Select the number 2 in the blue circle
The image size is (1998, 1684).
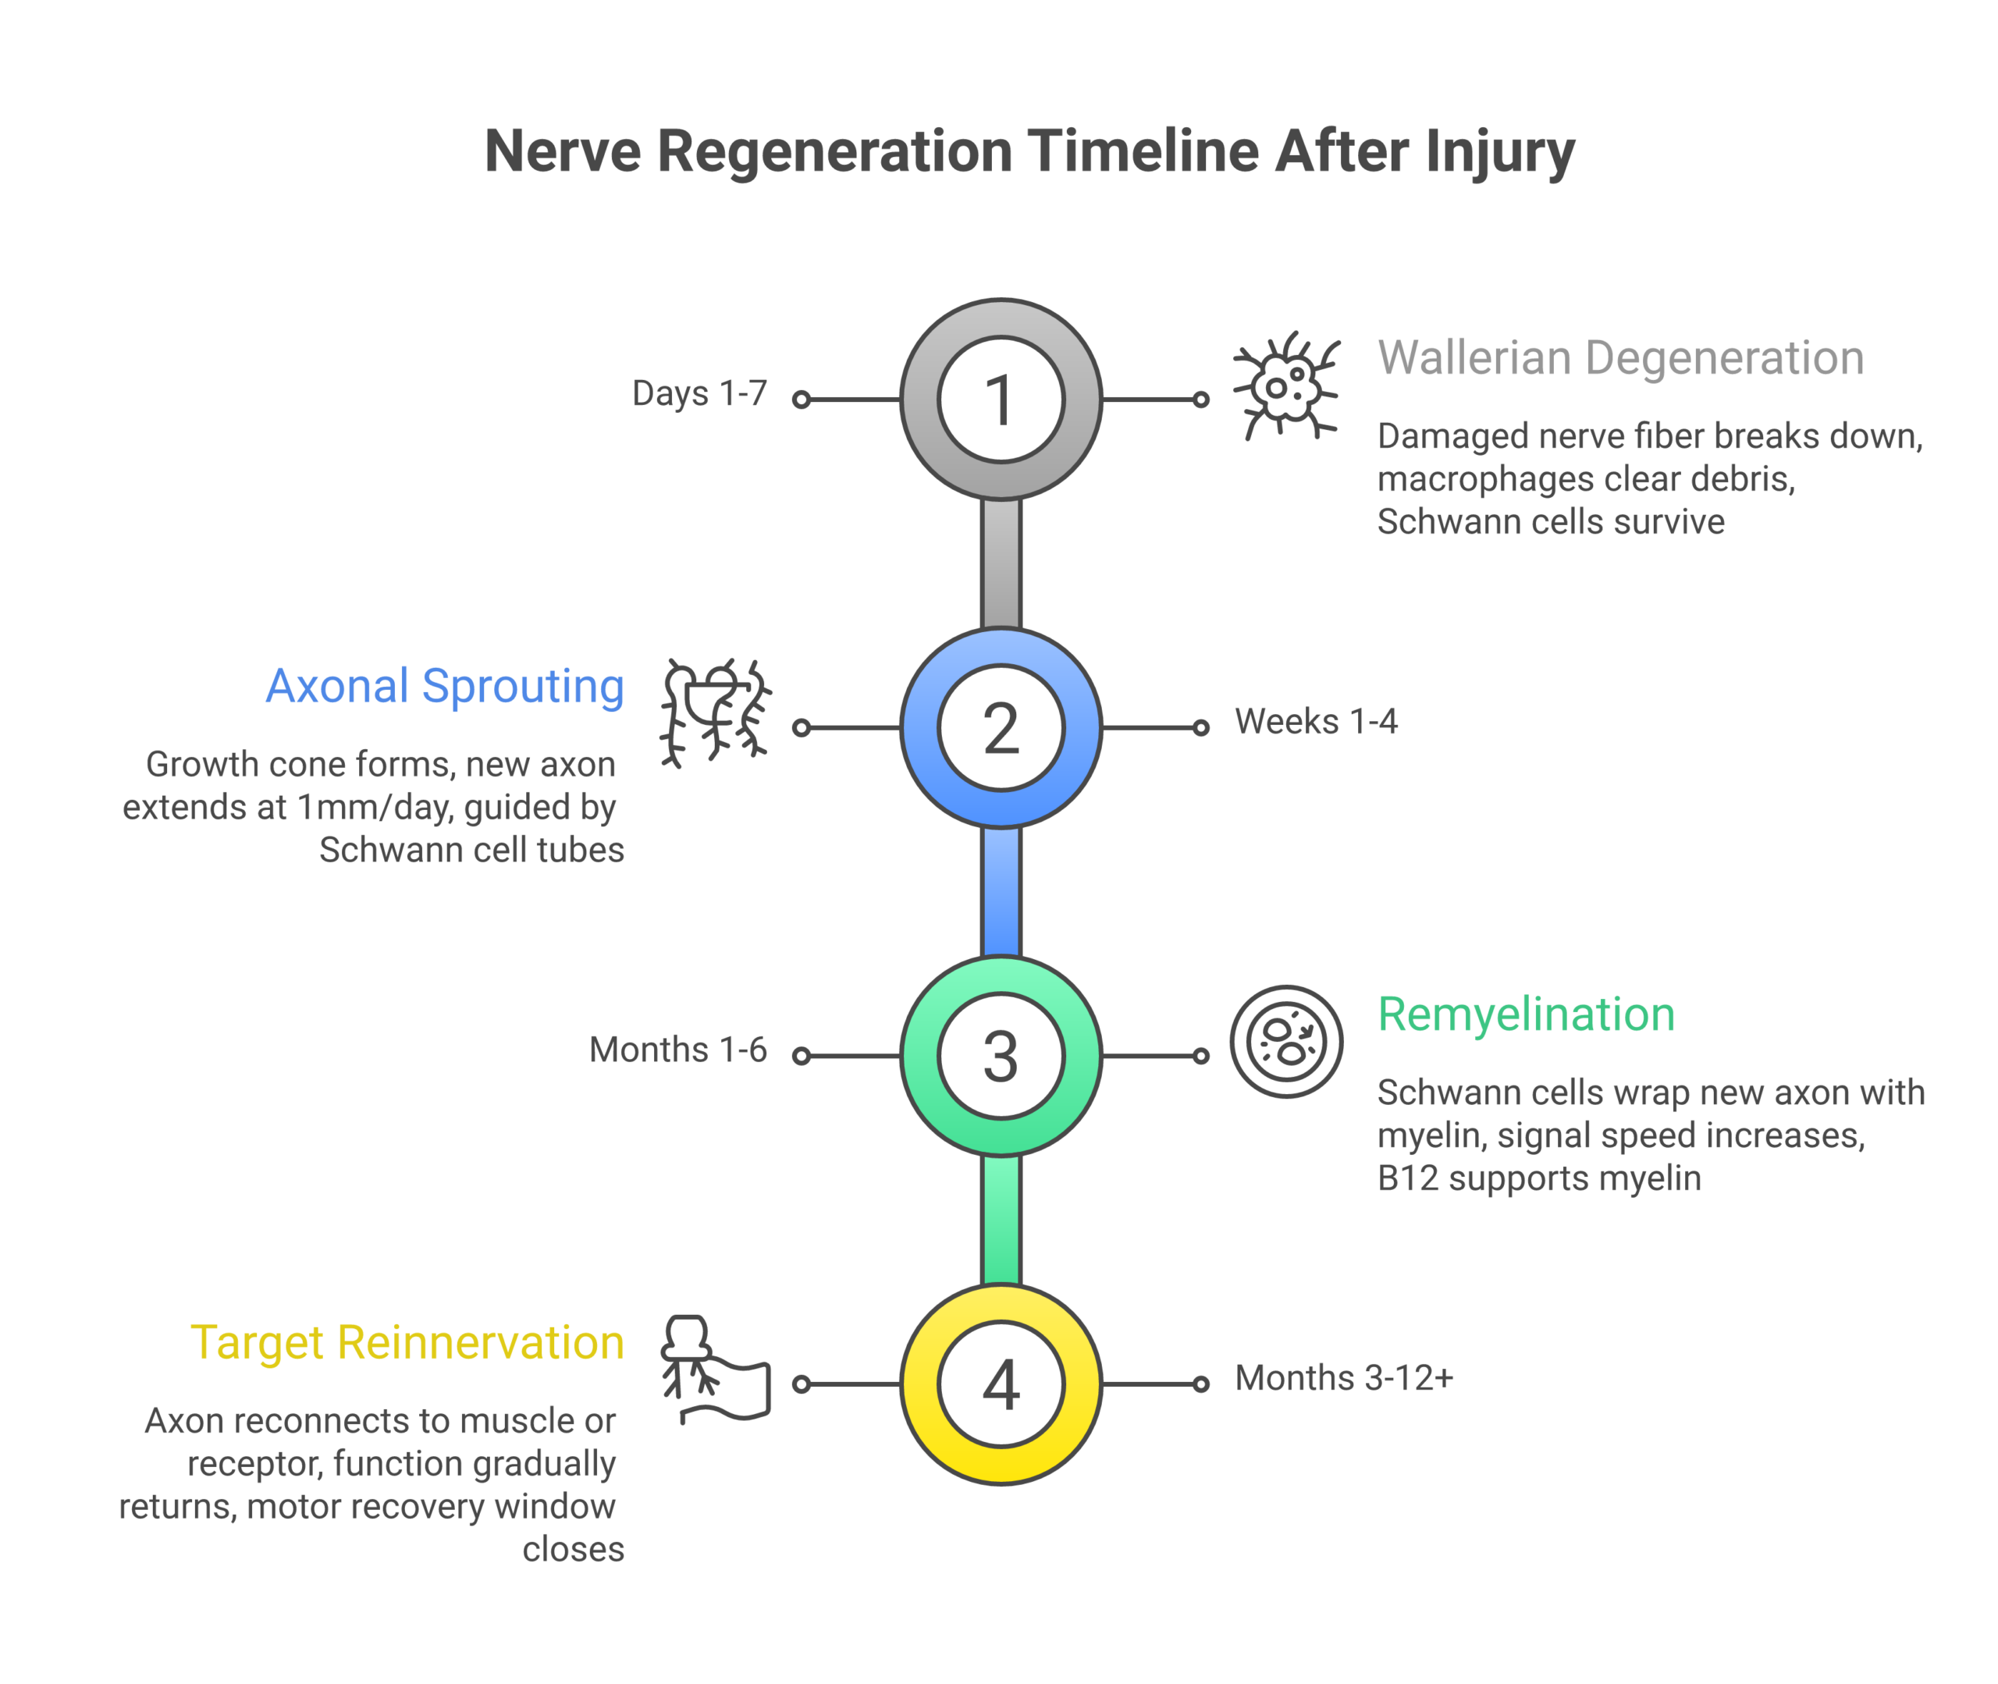click(1001, 727)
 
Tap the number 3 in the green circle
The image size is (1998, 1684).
click(1001, 1056)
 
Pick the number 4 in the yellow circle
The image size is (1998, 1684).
click(1001, 1384)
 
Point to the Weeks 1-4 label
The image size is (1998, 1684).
click(1315, 721)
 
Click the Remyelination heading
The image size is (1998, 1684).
click(1526, 1014)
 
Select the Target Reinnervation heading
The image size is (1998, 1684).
click(407, 1342)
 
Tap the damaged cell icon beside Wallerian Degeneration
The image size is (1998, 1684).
click(1286, 386)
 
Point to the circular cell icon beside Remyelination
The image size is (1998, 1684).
click(1286, 1042)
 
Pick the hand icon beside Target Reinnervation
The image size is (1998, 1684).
click(715, 1370)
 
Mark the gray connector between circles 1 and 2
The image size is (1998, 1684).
click(1001, 563)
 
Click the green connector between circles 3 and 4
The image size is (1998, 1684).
click(1001, 1220)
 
